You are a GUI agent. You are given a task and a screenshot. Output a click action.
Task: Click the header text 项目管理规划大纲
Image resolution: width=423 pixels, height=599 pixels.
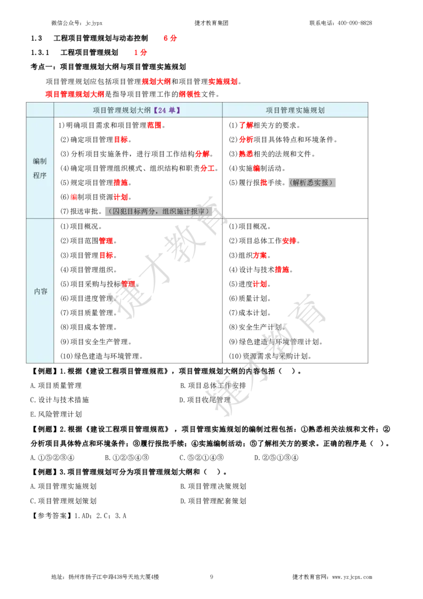point(122,110)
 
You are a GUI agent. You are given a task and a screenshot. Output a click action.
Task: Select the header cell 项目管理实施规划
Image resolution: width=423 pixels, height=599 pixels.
point(295,110)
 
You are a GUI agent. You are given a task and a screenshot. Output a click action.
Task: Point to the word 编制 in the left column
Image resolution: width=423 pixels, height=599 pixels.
point(40,161)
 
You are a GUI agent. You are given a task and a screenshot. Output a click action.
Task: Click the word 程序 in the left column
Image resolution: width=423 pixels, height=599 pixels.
point(40,175)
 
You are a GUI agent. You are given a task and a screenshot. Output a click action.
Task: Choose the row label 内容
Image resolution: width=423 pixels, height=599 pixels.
point(40,291)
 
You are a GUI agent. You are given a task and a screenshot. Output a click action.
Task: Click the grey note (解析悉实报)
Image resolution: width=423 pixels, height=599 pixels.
point(312,183)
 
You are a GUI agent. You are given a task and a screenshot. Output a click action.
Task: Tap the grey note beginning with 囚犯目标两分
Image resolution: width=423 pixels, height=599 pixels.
point(155,211)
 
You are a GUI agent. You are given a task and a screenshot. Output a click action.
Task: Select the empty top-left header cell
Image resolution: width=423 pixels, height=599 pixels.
point(40,110)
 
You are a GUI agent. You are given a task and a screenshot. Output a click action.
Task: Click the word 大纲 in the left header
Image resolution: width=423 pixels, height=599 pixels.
point(144,110)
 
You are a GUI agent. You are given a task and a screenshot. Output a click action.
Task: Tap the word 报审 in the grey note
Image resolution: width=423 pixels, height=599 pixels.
point(198,211)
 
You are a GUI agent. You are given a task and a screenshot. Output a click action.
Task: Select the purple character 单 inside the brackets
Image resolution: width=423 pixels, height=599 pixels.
point(172,110)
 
